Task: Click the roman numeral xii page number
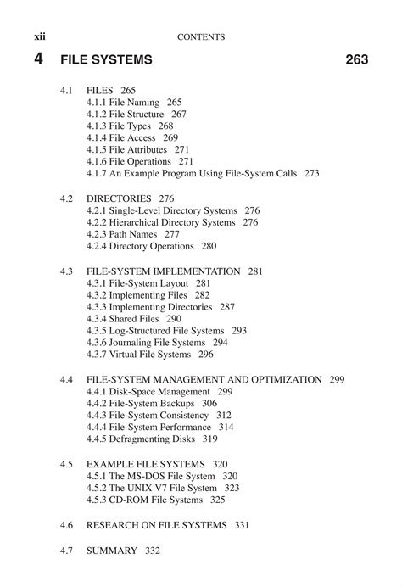39,36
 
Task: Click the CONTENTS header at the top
202,36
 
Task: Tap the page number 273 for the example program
311,173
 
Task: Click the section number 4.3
67,271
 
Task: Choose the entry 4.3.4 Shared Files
125,318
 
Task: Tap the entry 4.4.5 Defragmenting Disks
141,439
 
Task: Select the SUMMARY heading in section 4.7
111,551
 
